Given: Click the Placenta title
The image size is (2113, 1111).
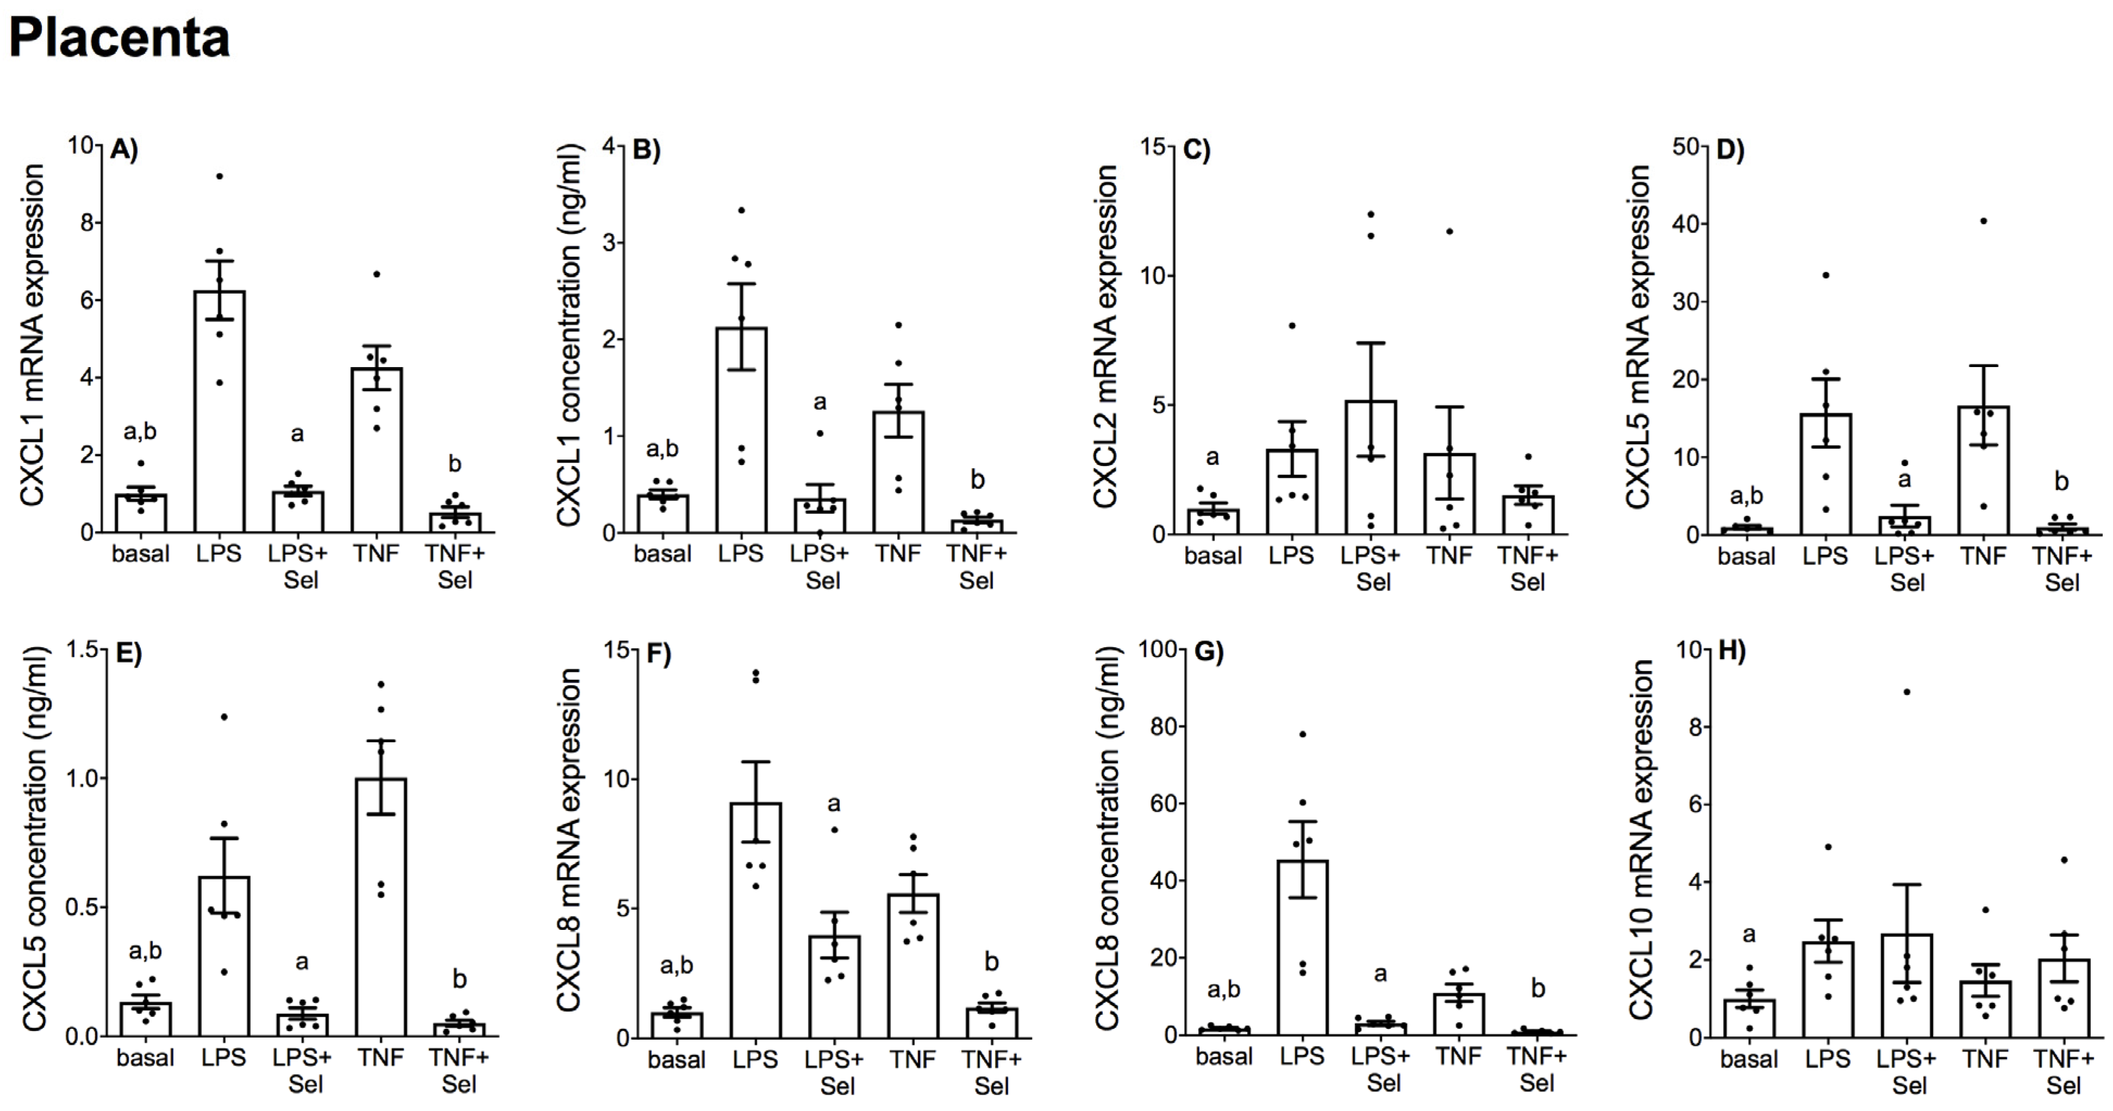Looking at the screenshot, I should (x=120, y=38).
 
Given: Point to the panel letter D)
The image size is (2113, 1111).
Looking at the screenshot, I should (x=1730, y=150).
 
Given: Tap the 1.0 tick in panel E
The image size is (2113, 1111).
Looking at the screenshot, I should (x=82, y=778).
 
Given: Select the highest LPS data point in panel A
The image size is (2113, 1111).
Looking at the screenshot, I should (x=219, y=176).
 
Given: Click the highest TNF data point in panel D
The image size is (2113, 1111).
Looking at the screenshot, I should (x=1984, y=221).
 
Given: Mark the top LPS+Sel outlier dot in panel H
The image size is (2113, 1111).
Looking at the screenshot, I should (x=1907, y=692).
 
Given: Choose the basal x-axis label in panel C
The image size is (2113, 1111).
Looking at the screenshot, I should (x=1213, y=556).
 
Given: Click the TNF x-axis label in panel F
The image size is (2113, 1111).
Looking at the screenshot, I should (x=913, y=1059).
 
